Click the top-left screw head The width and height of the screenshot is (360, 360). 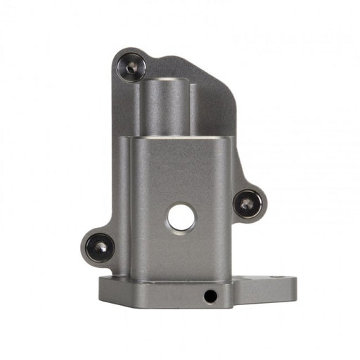tap(131, 67)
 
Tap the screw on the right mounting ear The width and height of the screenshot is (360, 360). tap(247, 204)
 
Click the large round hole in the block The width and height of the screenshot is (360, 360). tap(181, 218)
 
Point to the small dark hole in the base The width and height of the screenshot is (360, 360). tap(210, 296)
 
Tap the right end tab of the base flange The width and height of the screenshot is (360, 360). tap(278, 288)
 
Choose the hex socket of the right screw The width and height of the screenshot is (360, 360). tap(247, 204)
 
